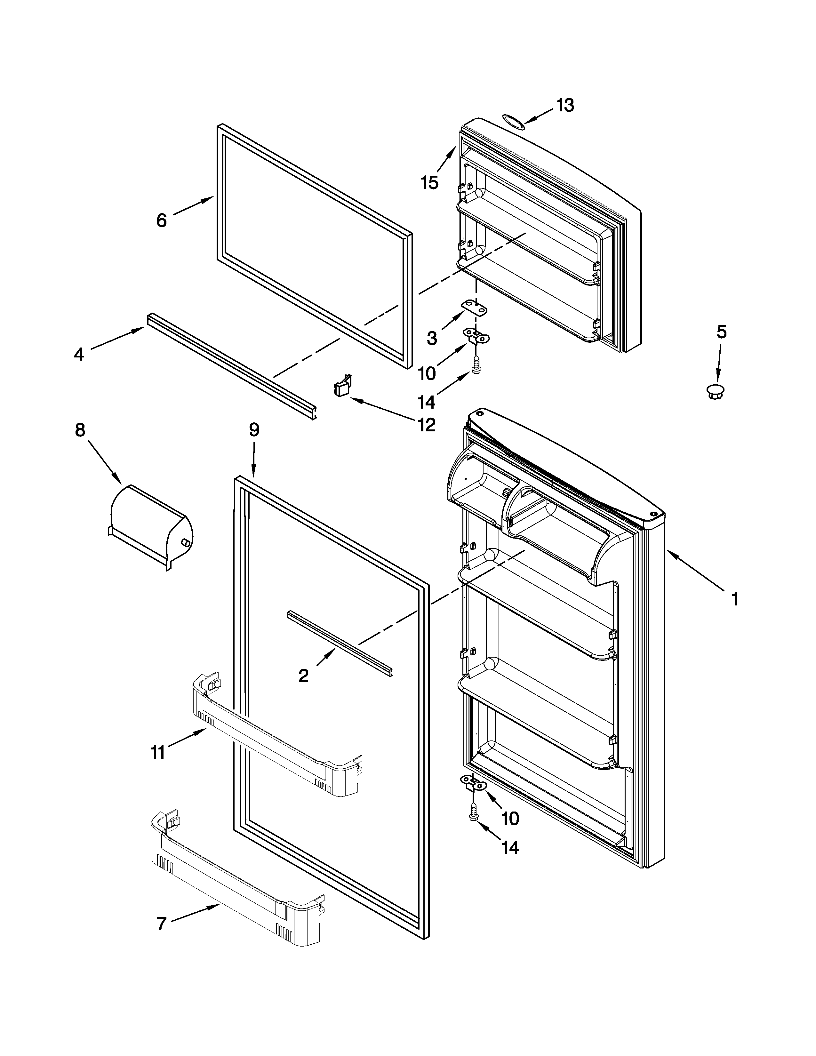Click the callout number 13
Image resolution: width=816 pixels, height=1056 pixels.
coord(564,105)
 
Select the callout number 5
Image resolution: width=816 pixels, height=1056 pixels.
coord(721,332)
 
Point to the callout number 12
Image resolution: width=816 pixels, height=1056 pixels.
coord(426,425)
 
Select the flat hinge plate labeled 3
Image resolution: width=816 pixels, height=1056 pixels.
coord(474,308)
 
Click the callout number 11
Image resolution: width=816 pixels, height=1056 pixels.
coord(157,753)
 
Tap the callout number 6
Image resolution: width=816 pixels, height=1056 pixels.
coord(162,220)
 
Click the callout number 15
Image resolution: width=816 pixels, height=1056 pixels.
coord(429,182)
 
